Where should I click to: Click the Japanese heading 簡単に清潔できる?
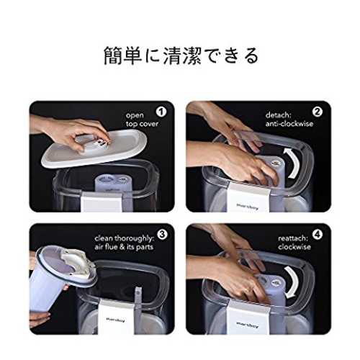(x=181, y=56)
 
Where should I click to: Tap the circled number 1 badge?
(x=161, y=112)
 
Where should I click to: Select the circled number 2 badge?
(x=318, y=112)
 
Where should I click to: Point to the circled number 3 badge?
(x=162, y=234)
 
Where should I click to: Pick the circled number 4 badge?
(x=318, y=234)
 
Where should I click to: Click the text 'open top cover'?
(x=142, y=120)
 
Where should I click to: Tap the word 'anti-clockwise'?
(x=289, y=124)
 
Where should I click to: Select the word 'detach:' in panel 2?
(x=278, y=115)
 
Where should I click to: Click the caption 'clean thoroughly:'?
(x=125, y=238)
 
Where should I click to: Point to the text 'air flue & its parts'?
(x=124, y=247)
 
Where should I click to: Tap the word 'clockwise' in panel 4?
(x=294, y=247)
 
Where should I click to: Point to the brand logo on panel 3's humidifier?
(x=116, y=320)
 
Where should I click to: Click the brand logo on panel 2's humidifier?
(x=248, y=207)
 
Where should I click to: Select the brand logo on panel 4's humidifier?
(x=248, y=325)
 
